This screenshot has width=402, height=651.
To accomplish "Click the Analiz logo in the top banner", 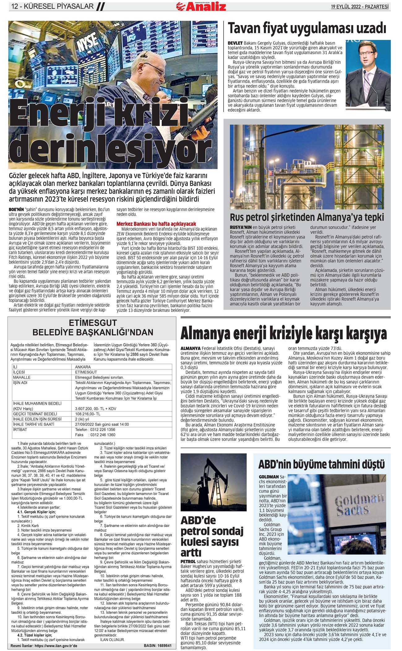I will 201,6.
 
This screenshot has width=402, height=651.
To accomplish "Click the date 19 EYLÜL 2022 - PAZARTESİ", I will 360,6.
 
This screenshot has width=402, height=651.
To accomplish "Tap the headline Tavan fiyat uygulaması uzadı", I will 307,29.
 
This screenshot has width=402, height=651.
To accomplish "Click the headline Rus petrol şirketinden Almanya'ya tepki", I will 307,217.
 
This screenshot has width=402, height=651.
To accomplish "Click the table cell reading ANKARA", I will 83,367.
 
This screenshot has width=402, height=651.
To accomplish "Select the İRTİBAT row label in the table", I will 20,430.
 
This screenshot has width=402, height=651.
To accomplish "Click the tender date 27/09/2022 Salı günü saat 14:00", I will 102,425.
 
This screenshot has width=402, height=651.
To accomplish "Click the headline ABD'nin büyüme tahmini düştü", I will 322,464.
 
